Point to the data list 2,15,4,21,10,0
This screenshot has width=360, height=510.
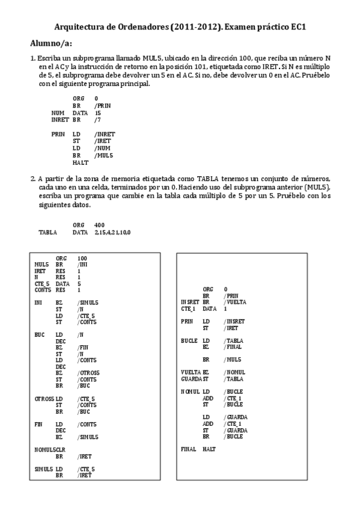[x=112, y=232]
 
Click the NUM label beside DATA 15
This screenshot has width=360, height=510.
[x=58, y=112]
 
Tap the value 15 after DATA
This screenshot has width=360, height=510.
[x=98, y=112]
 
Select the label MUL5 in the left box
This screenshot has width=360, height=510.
[x=42, y=264]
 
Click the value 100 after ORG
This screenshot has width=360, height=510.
[x=82, y=258]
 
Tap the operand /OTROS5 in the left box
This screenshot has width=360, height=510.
[x=88, y=373]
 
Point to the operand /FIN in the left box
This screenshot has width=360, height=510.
[x=83, y=348]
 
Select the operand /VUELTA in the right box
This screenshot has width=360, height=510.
[x=235, y=302]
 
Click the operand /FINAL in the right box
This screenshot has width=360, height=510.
[x=233, y=347]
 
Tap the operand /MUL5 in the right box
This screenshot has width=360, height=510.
[x=233, y=359]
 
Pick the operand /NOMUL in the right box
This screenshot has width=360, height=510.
[x=234, y=372]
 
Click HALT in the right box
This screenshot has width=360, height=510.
[x=209, y=449]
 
